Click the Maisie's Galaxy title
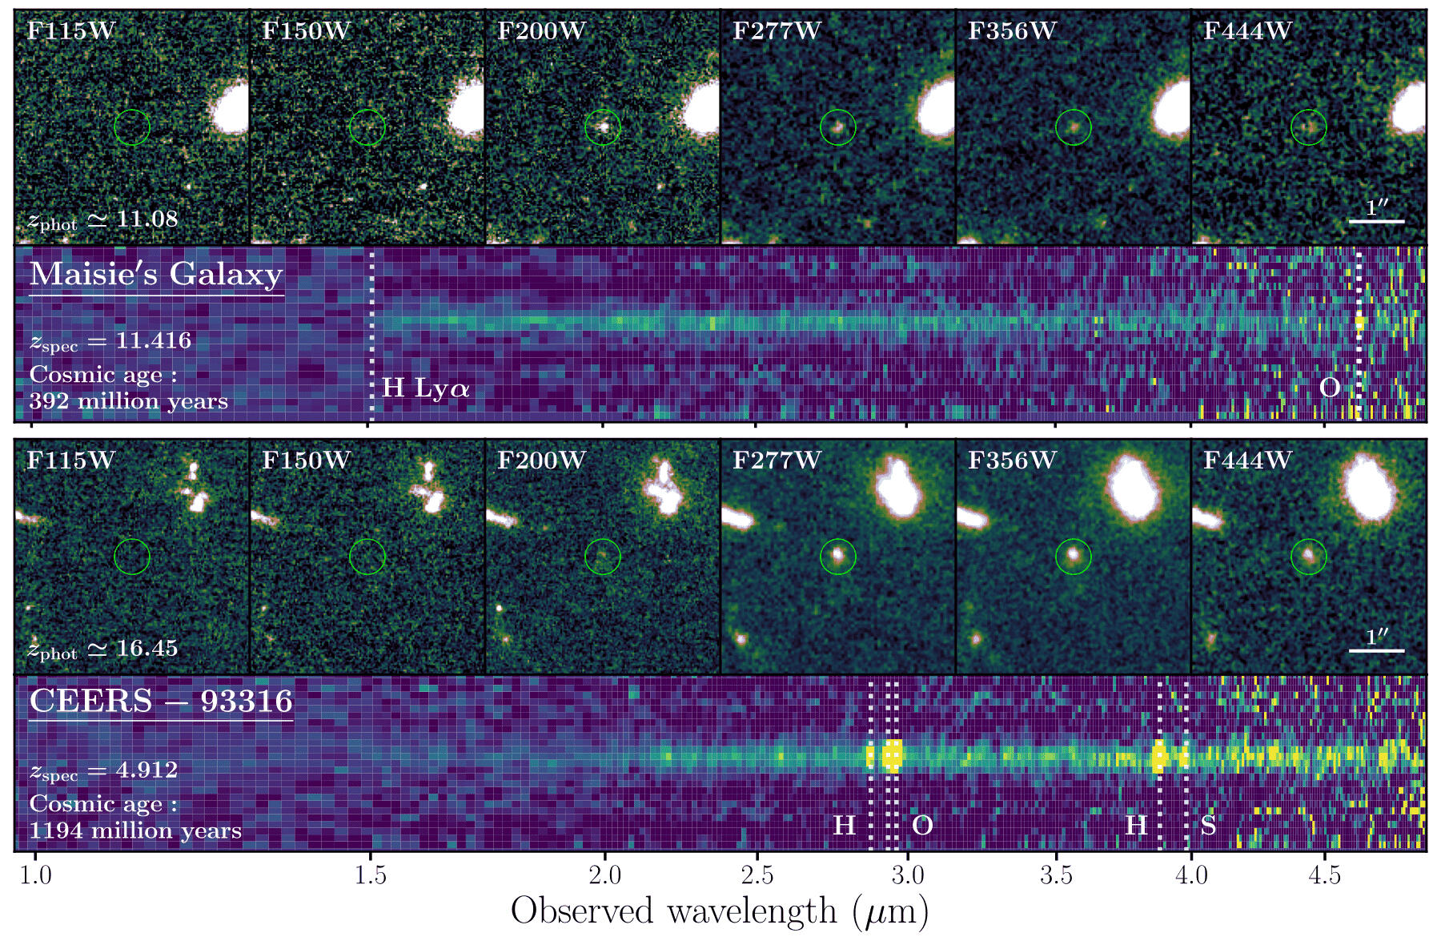156,275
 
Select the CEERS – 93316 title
161,702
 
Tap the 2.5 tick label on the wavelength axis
757,875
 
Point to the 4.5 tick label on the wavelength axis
1324,875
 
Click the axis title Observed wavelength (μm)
720,911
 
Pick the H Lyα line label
425,388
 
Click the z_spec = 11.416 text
110,341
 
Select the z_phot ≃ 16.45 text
102,649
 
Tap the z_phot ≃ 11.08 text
102,219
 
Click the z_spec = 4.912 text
103,770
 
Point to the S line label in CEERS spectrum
1208,825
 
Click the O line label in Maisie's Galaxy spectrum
1329,388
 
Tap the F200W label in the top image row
541,31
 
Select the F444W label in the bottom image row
1247,460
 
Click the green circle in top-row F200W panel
603,127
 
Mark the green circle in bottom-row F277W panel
838,556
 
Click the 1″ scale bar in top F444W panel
1376,220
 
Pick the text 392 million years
128,401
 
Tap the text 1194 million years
135,830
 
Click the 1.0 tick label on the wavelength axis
35,875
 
